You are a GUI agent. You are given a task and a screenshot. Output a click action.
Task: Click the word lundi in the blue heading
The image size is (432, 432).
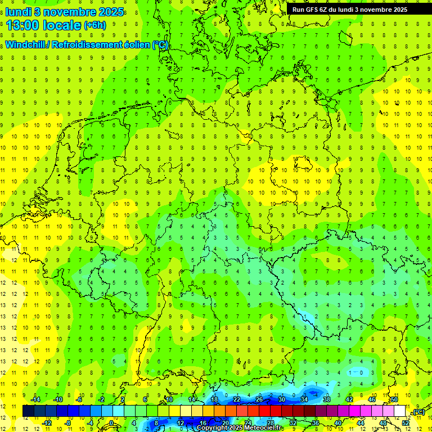18,11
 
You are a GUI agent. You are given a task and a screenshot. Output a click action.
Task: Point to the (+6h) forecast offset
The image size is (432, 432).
94,26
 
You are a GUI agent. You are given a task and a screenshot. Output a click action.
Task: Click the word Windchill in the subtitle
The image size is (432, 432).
26,44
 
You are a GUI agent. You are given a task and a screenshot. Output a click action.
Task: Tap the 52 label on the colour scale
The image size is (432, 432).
406,423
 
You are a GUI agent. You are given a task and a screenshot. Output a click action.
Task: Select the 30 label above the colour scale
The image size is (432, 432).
281,399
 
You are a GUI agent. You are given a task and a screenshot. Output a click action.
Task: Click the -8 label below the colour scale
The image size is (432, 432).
68,423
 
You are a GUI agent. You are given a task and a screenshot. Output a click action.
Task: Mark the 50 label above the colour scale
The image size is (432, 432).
394,399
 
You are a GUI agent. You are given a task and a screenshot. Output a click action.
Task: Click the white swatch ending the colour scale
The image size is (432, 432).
400,411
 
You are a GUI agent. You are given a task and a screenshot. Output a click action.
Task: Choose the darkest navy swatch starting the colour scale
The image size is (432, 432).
28,411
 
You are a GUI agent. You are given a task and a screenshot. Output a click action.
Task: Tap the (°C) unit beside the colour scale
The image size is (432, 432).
418,412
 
